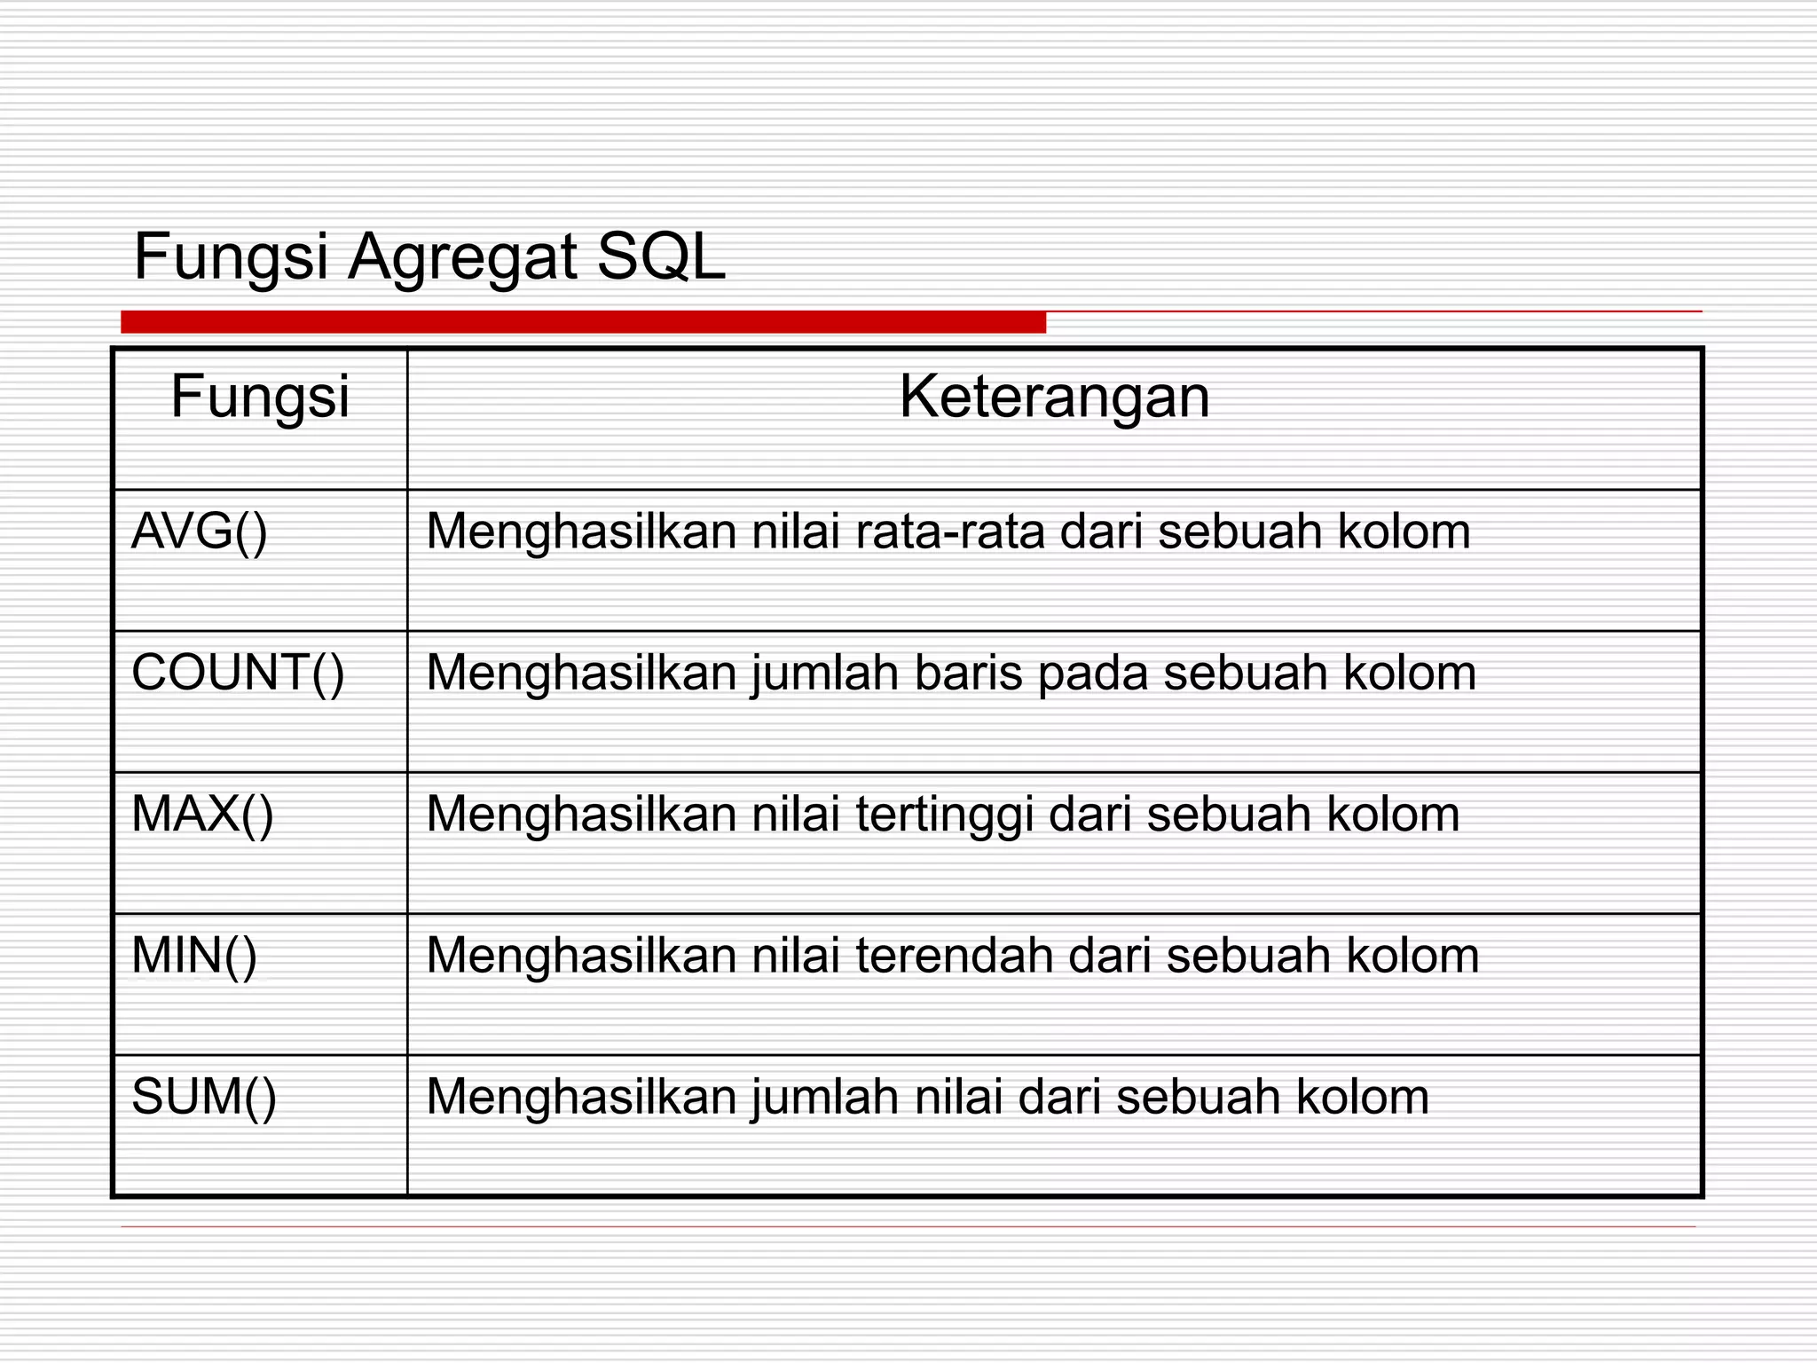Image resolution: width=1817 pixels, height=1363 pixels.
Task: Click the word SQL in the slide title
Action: coord(661,257)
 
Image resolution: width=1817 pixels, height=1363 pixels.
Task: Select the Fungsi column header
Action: coord(260,397)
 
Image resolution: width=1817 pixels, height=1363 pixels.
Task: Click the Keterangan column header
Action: coord(1054,397)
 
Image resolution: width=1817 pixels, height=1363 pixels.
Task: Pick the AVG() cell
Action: coord(200,532)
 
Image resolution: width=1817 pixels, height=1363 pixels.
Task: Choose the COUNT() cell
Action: coord(238,673)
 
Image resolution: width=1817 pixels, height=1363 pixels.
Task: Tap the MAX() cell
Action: coord(202,814)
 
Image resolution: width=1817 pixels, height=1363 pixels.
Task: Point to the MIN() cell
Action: coord(194,956)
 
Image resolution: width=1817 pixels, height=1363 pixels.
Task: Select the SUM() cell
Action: coord(204,1097)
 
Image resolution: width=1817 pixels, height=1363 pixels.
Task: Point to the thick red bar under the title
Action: coord(583,322)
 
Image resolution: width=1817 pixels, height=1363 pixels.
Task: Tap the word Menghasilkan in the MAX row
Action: coord(581,814)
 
